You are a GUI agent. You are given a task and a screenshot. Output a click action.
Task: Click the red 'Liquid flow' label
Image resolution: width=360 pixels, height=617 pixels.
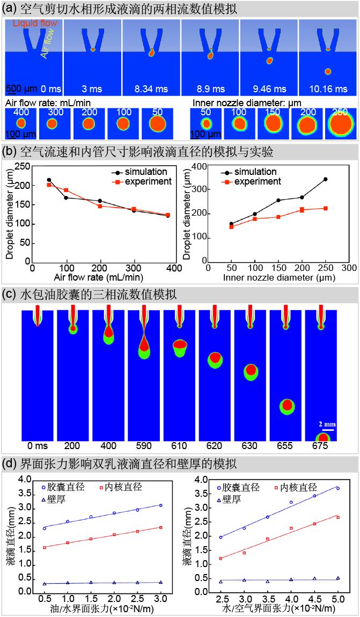pos(34,24)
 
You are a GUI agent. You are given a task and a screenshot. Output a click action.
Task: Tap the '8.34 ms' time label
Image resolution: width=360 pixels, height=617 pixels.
pos(151,87)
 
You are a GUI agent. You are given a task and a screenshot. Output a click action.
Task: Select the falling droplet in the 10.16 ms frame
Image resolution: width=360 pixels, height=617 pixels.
pos(328,71)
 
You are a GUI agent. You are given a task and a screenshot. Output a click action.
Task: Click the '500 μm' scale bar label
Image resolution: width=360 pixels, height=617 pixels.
pos(22,88)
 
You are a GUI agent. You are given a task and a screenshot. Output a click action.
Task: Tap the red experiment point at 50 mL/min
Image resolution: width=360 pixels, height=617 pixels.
pos(49,185)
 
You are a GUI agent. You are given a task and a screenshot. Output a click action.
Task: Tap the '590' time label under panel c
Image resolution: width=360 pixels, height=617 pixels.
pos(144,445)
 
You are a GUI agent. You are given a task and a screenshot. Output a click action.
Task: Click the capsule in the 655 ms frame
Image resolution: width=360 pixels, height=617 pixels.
pos(287,406)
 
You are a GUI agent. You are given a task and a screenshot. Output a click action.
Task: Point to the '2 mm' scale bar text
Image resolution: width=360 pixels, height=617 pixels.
pos(327,423)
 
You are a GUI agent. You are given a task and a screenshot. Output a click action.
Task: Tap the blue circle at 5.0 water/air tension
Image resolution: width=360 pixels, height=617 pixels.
pos(337,489)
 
